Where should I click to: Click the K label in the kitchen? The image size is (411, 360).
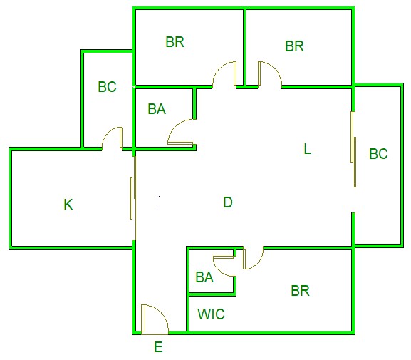[x=68, y=204]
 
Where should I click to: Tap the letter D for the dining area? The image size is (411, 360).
[x=228, y=202]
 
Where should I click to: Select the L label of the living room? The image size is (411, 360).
[x=307, y=149]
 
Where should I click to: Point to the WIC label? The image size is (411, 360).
[x=211, y=314]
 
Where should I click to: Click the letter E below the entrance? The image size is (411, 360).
[x=159, y=347]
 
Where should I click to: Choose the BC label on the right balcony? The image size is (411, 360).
[x=378, y=153]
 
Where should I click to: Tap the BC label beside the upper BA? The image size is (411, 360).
[x=107, y=86]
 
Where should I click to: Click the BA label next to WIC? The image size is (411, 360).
[x=204, y=277]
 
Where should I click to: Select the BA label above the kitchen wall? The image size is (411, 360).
[x=157, y=109]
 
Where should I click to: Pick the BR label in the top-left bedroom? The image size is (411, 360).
[x=175, y=42]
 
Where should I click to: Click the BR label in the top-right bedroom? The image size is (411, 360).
[x=294, y=46]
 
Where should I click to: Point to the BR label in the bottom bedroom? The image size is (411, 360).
[x=300, y=291]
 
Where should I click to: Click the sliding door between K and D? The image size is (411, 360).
[x=133, y=194]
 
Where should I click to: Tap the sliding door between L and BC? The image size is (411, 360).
[x=353, y=149]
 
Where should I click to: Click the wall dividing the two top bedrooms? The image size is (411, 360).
[x=244, y=47]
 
